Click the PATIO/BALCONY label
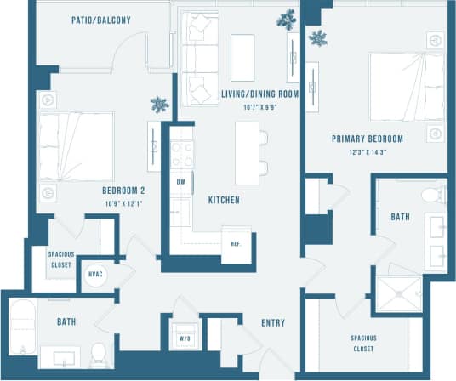[x=101, y=20]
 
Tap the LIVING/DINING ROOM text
[x=259, y=94]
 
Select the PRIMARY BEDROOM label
[x=367, y=139]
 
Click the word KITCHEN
[x=224, y=200]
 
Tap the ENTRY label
[x=273, y=323]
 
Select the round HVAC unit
[x=96, y=275]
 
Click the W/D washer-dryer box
[x=184, y=333]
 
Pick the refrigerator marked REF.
[x=235, y=241]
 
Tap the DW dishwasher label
[x=180, y=182]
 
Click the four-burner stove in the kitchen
[x=181, y=155]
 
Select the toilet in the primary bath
[x=434, y=196]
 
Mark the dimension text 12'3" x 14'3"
[x=368, y=152]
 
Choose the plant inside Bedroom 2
[x=159, y=105]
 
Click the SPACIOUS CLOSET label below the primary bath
[x=363, y=342]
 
